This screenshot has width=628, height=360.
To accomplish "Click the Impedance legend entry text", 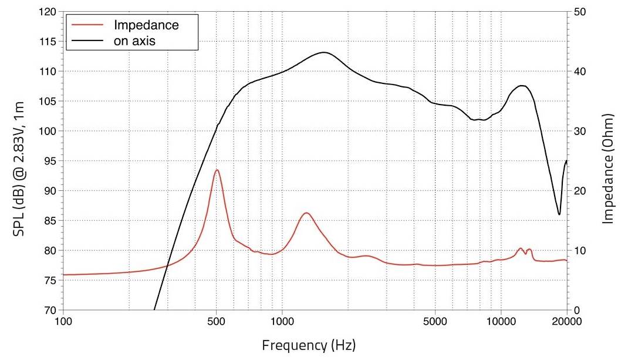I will coord(146,26).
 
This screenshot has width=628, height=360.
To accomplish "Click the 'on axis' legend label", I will coord(134,41).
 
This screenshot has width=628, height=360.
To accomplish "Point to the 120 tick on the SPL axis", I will coord(49,12).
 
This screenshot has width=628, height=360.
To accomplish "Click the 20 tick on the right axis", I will coord(579,191).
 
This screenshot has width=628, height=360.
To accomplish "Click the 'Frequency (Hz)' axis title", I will coord(309,344).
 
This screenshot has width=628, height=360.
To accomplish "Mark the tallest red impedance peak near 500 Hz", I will coord(217,170).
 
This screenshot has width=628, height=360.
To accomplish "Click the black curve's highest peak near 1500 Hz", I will coord(323,52).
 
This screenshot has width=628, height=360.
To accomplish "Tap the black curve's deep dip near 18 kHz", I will coord(559,214).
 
